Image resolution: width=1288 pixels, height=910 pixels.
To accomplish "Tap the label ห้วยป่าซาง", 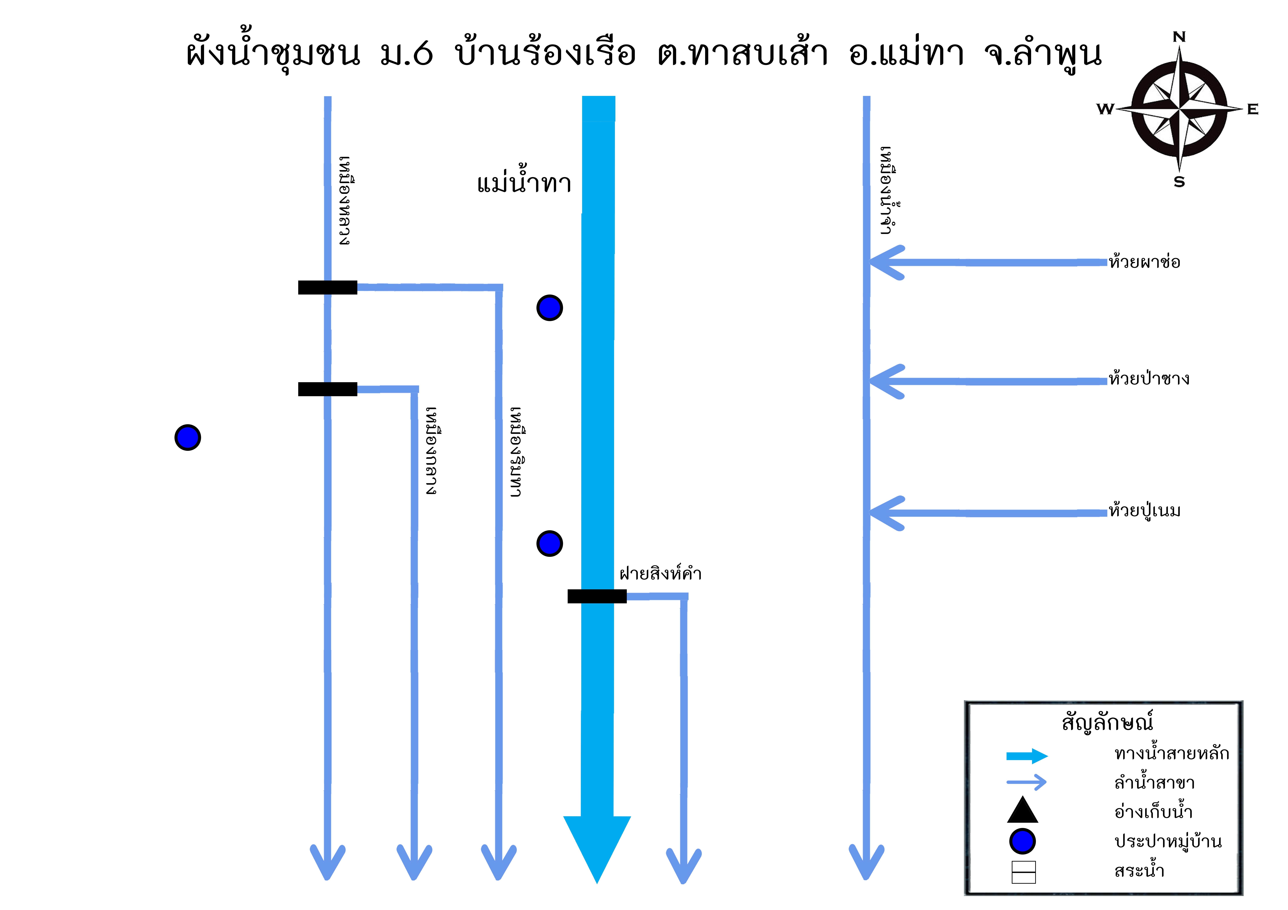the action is (1149, 378).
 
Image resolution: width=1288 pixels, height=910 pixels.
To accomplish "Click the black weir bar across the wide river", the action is (597, 597).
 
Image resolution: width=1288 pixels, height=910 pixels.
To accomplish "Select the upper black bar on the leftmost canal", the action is (328, 288).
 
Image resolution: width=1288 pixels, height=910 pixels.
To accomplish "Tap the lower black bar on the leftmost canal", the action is (328, 389).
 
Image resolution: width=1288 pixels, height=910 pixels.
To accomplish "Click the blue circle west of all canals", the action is (188, 437).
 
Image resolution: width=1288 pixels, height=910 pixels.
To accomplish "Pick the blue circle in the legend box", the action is (1022, 841).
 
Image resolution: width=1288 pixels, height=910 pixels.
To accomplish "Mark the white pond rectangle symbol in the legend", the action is (1024, 872).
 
